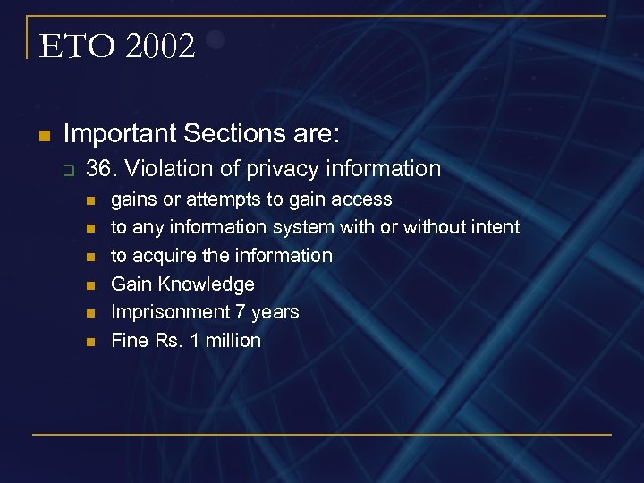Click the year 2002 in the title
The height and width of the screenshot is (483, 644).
click(x=161, y=47)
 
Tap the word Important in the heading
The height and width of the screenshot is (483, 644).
click(x=120, y=134)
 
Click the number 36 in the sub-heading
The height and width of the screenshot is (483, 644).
click(x=98, y=168)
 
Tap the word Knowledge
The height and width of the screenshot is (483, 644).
click(x=207, y=284)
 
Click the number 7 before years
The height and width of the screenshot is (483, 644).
click(x=238, y=312)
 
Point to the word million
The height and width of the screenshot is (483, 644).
click(x=232, y=341)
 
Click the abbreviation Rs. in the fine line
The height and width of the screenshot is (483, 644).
click(x=168, y=341)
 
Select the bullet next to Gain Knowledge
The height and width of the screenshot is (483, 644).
click(x=89, y=285)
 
